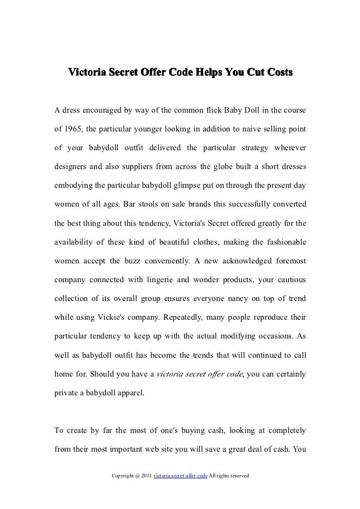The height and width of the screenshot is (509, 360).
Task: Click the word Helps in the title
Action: pyautogui.click(x=208, y=72)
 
